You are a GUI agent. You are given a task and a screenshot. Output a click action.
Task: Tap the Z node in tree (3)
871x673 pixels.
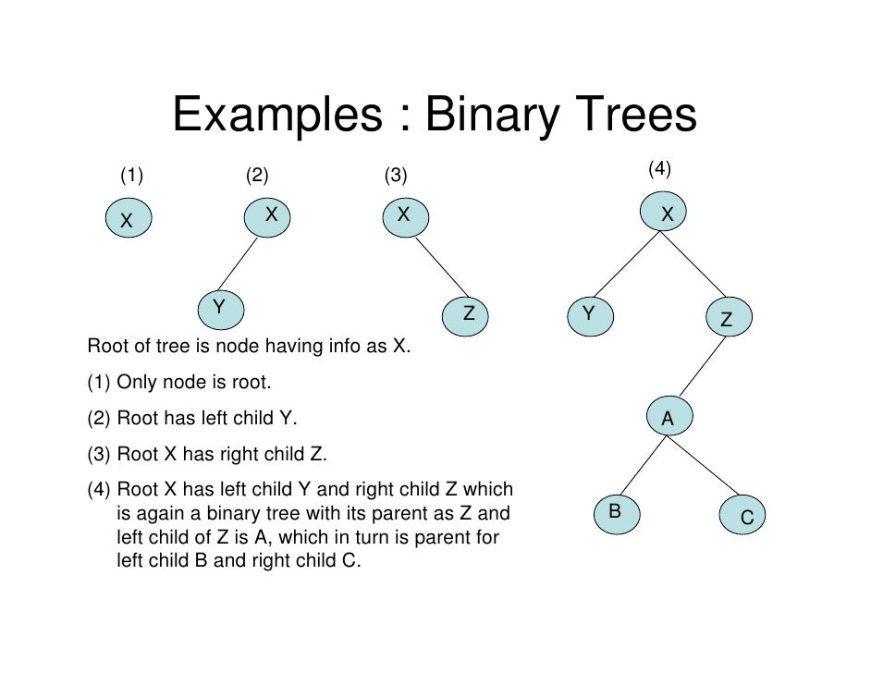469,315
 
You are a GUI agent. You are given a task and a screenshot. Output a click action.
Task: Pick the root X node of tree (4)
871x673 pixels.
667,214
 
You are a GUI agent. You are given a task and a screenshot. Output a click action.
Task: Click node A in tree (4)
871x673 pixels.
667,420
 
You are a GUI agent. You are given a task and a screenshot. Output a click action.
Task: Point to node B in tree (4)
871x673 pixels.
614,512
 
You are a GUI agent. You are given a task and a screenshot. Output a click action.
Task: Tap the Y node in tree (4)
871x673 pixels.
588,315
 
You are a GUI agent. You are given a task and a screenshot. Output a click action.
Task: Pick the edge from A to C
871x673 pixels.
705,467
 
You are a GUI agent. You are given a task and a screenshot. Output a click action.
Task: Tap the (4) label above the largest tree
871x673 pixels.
658,168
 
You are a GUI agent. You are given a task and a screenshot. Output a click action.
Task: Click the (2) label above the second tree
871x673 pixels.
257,175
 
